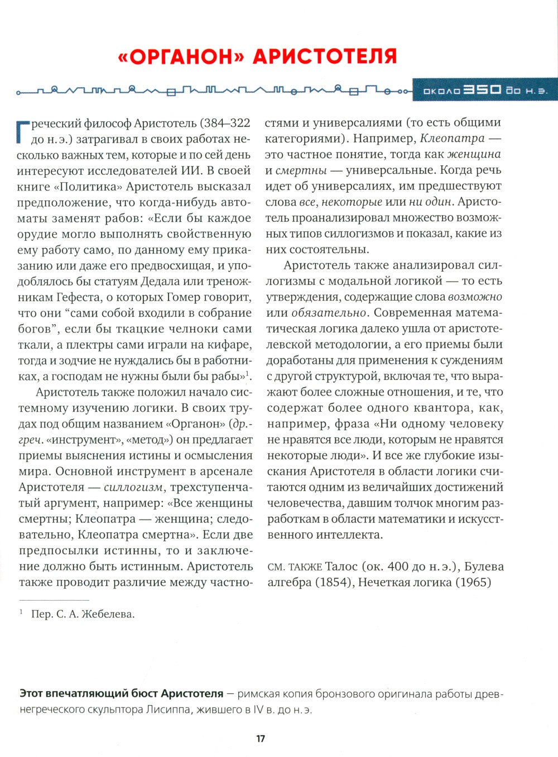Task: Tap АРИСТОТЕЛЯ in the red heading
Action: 325,56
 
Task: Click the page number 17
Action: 261,739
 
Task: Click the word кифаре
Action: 230,344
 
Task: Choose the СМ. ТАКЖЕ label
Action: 294,567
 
